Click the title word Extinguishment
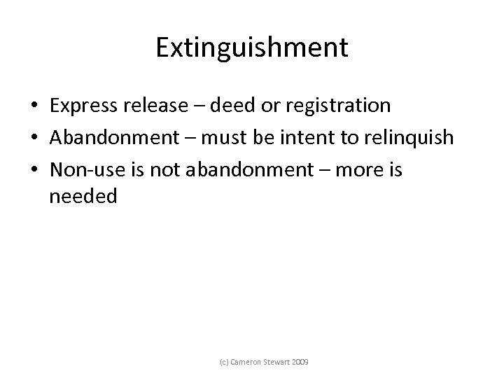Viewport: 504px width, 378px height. coord(251,48)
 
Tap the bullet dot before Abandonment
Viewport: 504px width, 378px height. coord(34,138)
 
